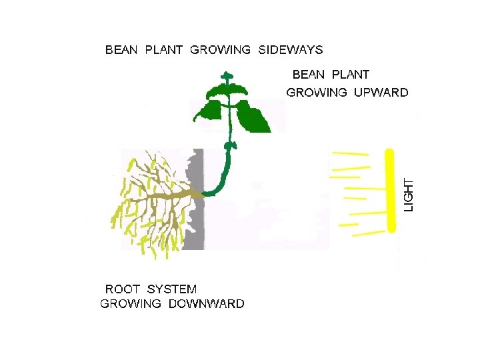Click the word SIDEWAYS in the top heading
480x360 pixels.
click(291, 50)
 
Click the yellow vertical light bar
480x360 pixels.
click(391, 191)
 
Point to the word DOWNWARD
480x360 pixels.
click(207, 304)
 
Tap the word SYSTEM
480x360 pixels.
click(172, 289)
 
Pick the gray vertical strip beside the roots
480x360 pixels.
click(193, 200)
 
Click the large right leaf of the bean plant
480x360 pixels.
click(253, 117)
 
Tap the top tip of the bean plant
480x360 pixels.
click(227, 75)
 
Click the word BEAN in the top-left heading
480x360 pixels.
click(121, 50)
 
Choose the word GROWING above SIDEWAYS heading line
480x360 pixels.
click(221, 50)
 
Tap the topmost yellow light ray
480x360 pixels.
click(350, 154)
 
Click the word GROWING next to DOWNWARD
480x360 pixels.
click(131, 304)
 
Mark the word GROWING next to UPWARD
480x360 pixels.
click(317, 93)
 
